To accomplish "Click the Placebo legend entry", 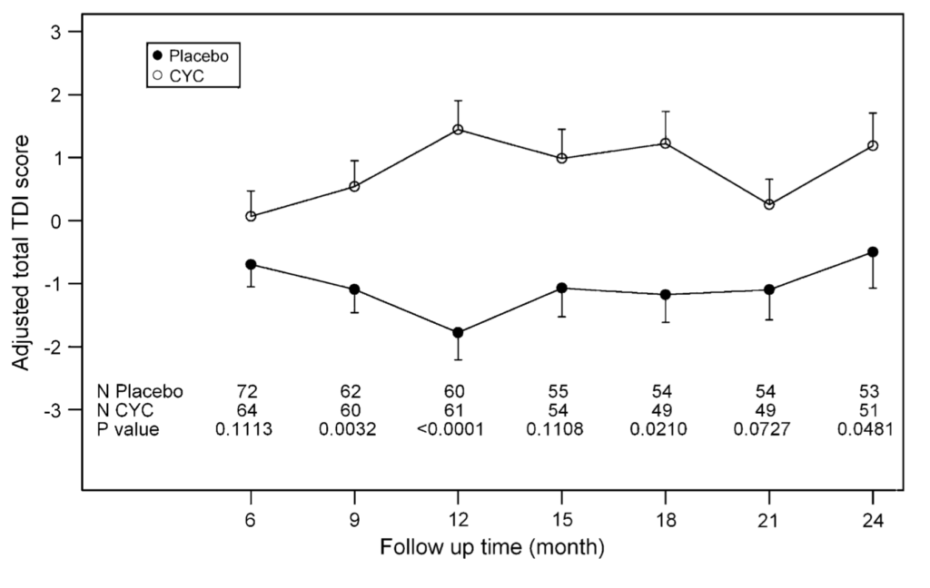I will pyautogui.click(x=192, y=55).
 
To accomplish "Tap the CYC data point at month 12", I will pyautogui.click(x=458, y=130).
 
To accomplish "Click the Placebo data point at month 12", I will pyautogui.click(x=458, y=333).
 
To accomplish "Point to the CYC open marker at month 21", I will pyautogui.click(x=769, y=205).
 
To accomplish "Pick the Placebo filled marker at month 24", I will pyautogui.click(x=873, y=252).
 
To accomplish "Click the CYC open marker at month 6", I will pyautogui.click(x=250, y=216).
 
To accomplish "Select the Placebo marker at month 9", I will pyautogui.click(x=354, y=289).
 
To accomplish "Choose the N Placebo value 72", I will pyautogui.click(x=246, y=392).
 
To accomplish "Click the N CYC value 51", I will pyautogui.click(x=870, y=411).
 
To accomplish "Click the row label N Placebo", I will pyautogui.click(x=141, y=392).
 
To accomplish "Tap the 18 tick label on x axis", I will pyautogui.click(x=665, y=522).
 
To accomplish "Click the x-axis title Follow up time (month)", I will pyautogui.click(x=491, y=548).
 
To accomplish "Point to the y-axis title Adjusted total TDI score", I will pyautogui.click(x=22, y=252).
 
